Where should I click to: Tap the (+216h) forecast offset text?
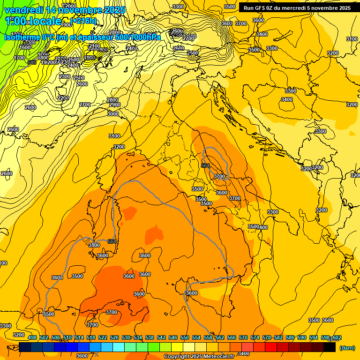click(x=84, y=21)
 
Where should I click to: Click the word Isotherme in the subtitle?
click(x=22, y=37)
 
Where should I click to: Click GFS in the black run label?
click(x=260, y=8)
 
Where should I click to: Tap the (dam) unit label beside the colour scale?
click(x=347, y=347)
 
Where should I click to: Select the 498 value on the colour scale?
click(x=32, y=338)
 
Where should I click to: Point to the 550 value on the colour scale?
click(x=185, y=338)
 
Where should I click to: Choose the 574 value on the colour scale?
click(x=255, y=338)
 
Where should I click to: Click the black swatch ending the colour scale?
click(x=330, y=347)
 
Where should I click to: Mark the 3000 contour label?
click(x=113, y=114)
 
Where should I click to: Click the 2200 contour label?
click(x=63, y=98)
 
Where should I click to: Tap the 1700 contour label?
click(x=19, y=58)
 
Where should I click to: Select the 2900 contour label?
click(x=114, y=105)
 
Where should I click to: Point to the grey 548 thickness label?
click(x=32, y=62)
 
